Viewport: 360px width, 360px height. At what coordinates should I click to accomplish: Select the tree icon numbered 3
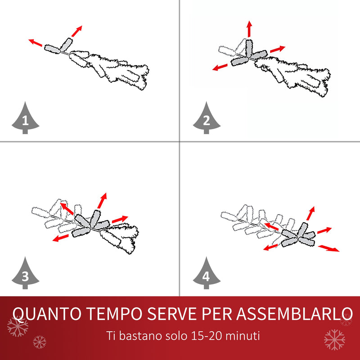[x=25, y=274]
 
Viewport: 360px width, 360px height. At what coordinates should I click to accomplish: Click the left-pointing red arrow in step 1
[x=36, y=43]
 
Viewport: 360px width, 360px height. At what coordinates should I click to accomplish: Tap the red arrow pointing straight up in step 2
[x=249, y=28]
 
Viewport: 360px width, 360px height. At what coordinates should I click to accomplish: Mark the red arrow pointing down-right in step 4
[x=328, y=248]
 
